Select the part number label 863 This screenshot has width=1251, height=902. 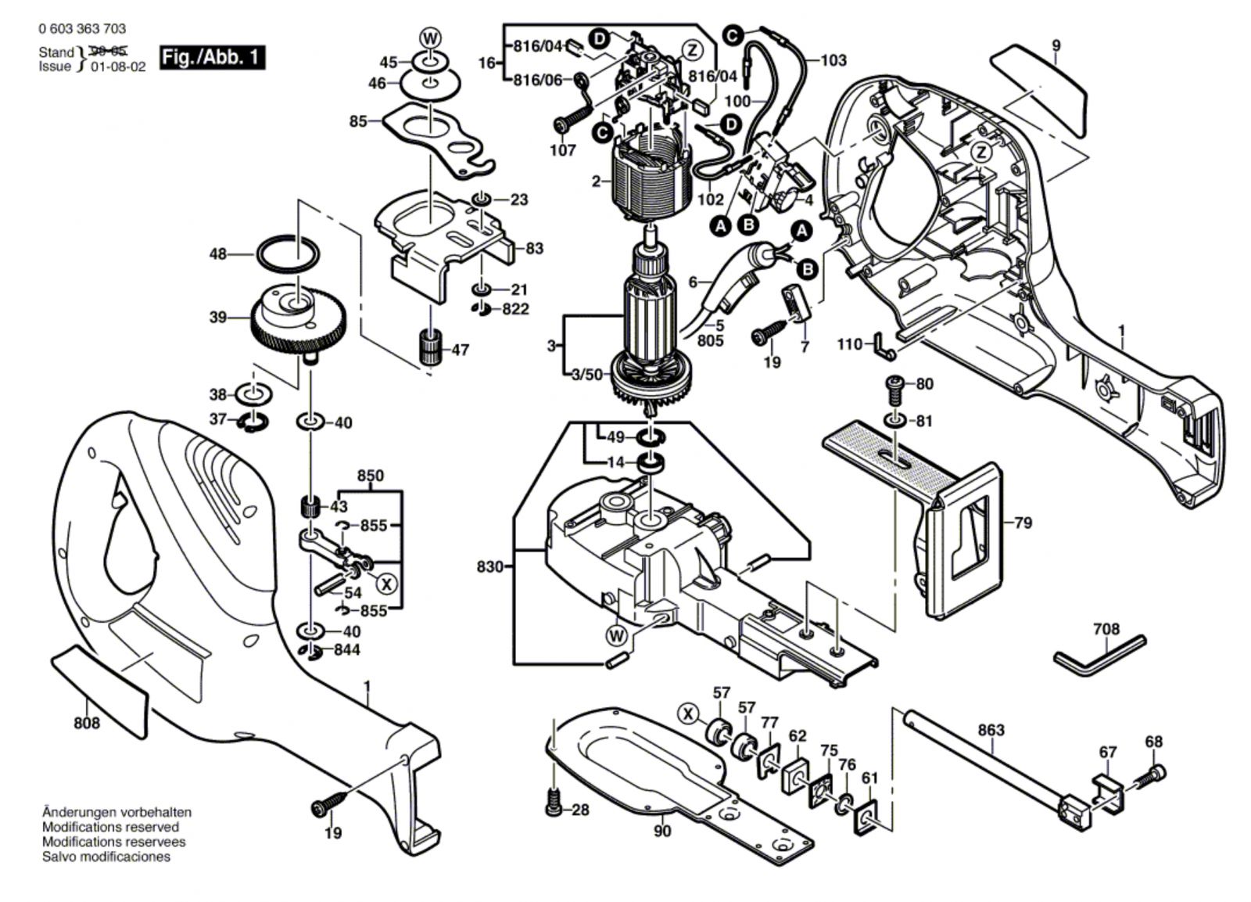(x=991, y=730)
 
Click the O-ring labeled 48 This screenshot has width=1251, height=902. (x=288, y=254)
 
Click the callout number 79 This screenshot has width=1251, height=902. (x=1023, y=522)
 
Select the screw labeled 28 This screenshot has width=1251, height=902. (x=554, y=805)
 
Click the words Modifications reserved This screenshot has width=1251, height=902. (x=110, y=827)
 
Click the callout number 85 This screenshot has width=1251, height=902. (x=358, y=122)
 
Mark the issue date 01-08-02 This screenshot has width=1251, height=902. (x=118, y=67)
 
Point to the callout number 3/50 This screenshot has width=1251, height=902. (x=586, y=375)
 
